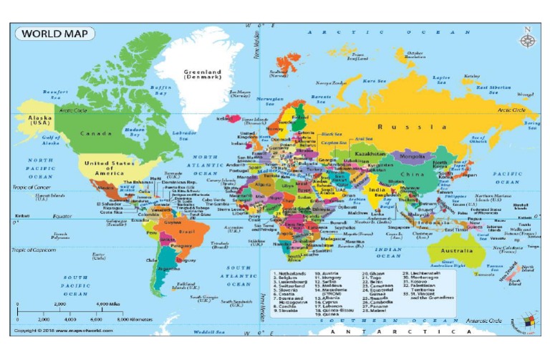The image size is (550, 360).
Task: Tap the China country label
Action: click(412, 174)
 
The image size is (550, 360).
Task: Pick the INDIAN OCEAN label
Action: click(390, 252)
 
